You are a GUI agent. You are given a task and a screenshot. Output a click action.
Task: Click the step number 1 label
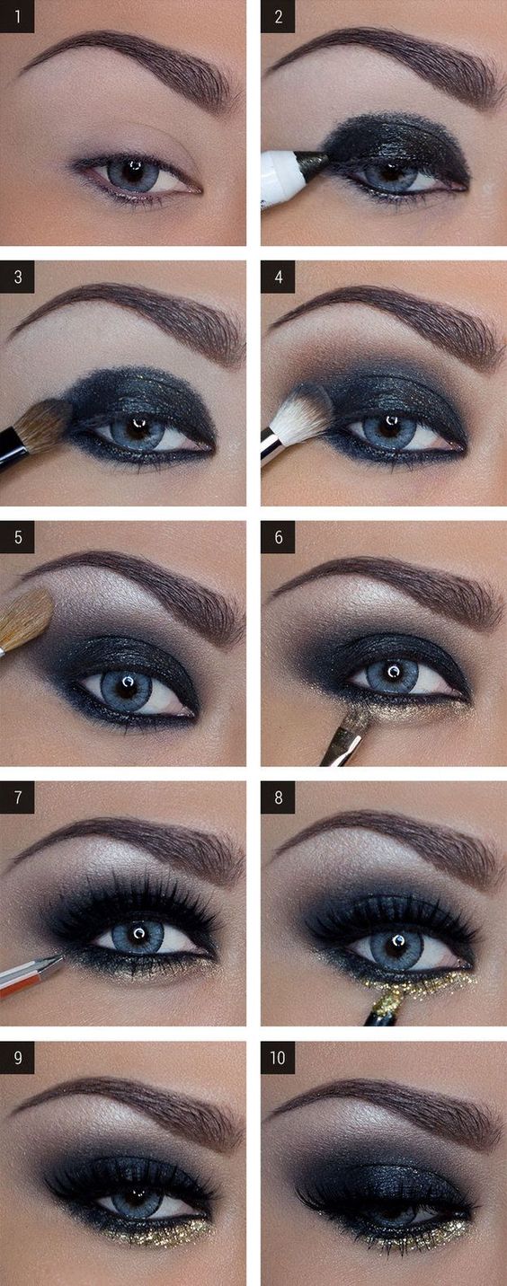pyautogui.click(x=17, y=16)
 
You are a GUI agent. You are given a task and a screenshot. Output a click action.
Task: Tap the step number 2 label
pyautogui.click(x=278, y=16)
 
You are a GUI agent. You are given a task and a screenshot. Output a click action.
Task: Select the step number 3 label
pyautogui.click(x=17, y=277)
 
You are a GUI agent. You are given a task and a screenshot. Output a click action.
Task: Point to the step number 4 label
pyautogui.click(x=278, y=277)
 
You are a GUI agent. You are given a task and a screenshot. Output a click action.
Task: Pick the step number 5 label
pyautogui.click(x=17, y=537)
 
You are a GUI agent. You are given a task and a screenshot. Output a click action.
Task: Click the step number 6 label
pyautogui.click(x=278, y=537)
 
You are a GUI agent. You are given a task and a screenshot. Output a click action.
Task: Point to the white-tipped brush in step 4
pyautogui.click(x=300, y=414)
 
